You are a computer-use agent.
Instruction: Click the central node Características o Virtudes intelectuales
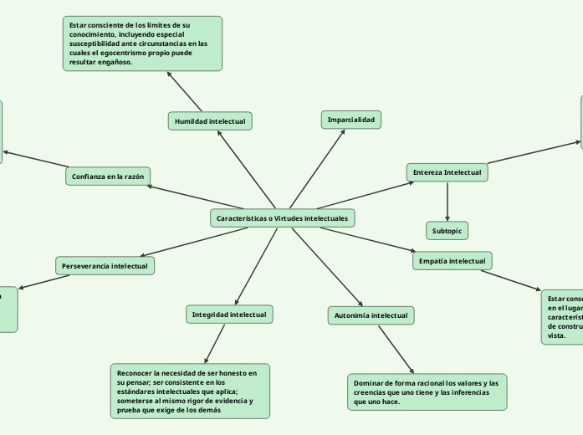coord(283,218)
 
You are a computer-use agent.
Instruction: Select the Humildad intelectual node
coord(210,121)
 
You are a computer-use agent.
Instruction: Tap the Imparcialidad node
coord(351,120)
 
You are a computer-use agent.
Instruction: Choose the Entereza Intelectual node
coord(447,172)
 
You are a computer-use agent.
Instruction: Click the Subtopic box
coord(447,230)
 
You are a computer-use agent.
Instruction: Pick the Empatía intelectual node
coord(453,261)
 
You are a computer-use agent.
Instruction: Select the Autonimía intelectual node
coord(371,315)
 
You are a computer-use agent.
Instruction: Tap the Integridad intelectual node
coord(229,315)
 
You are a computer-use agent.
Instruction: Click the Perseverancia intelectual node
coord(105,266)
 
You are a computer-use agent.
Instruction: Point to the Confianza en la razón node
coord(108,177)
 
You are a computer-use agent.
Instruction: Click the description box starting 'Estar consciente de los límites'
coord(142,43)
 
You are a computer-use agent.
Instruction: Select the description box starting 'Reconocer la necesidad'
coord(190,390)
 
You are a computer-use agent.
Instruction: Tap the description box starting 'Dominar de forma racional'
coord(427,392)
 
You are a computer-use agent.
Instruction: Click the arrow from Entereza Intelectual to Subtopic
coord(447,202)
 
